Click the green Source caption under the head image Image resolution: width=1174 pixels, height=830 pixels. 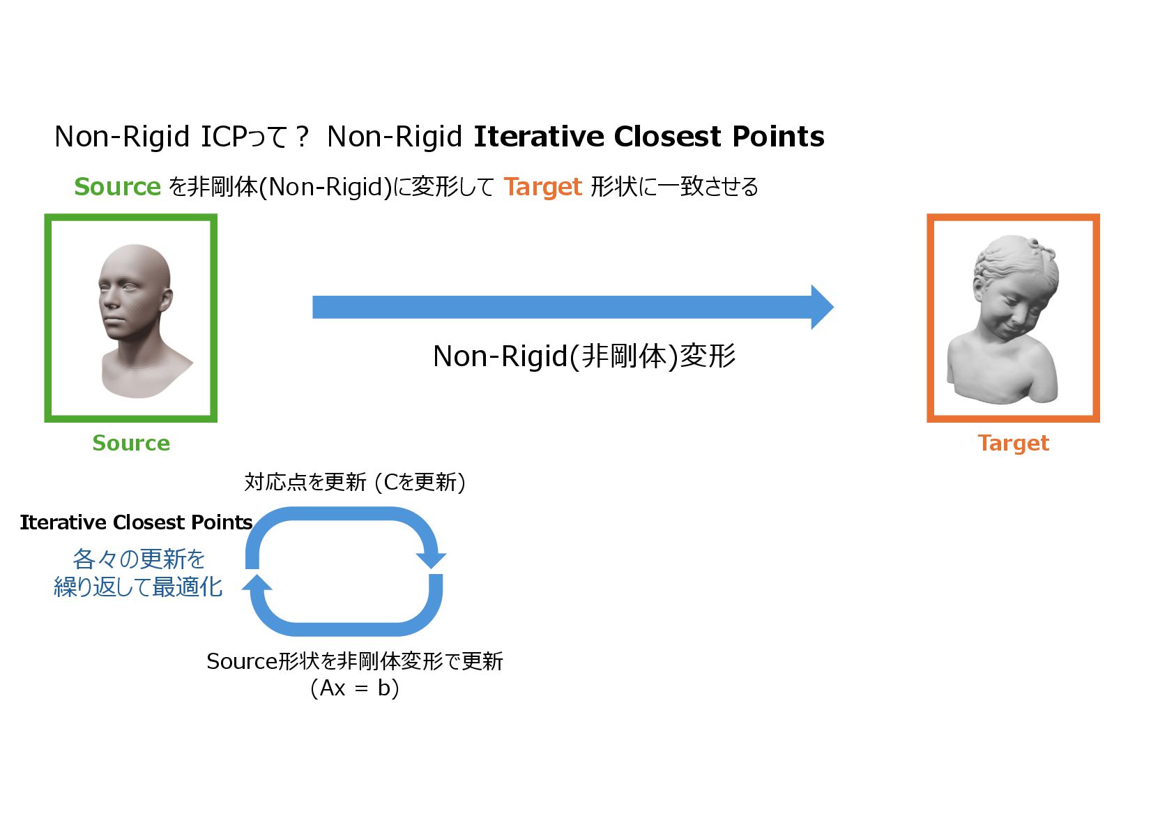tap(131, 443)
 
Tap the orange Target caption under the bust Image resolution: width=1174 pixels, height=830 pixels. tap(1013, 443)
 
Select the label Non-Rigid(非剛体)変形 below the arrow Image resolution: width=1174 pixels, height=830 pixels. tap(584, 356)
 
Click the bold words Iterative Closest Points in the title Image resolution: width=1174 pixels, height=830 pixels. tap(648, 136)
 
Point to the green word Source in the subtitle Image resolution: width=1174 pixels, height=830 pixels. tap(117, 187)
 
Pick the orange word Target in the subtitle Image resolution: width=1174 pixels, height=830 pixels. tap(542, 187)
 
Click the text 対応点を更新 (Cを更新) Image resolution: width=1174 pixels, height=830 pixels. tap(354, 482)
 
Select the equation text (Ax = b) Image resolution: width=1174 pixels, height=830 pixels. tap(354, 688)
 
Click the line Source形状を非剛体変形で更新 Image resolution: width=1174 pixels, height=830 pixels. tap(354, 661)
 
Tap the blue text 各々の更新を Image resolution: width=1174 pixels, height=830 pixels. tap(138, 559)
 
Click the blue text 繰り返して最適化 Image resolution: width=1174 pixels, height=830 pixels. tap(138, 587)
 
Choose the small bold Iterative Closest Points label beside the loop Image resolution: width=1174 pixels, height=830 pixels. tap(136, 522)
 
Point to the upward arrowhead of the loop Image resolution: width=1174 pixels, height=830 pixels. tap(257, 583)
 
